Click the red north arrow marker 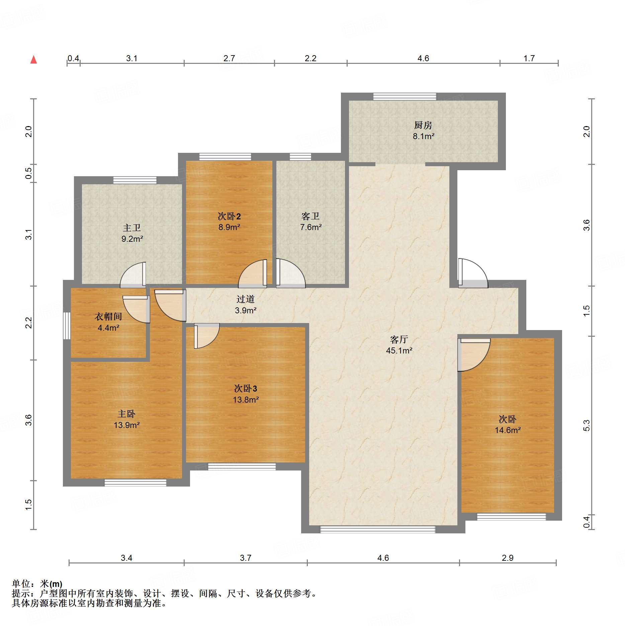coord(33,60)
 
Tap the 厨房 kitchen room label coord(423,125)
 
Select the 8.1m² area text coord(423,136)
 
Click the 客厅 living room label coord(399,340)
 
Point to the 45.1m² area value coord(399,350)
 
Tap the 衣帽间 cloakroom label coord(108,316)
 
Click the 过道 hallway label coord(245,299)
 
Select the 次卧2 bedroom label coord(229,216)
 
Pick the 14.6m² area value coord(508,430)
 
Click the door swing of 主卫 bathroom coord(133,275)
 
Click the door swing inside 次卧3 coord(206,336)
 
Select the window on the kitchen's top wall coord(405,96)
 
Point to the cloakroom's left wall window coord(67,326)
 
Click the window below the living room coord(378,529)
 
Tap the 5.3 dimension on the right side coord(586,425)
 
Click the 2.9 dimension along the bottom coord(508,558)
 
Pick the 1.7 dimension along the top coord(529,59)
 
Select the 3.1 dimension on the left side coord(29,234)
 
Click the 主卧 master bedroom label coord(126,414)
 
